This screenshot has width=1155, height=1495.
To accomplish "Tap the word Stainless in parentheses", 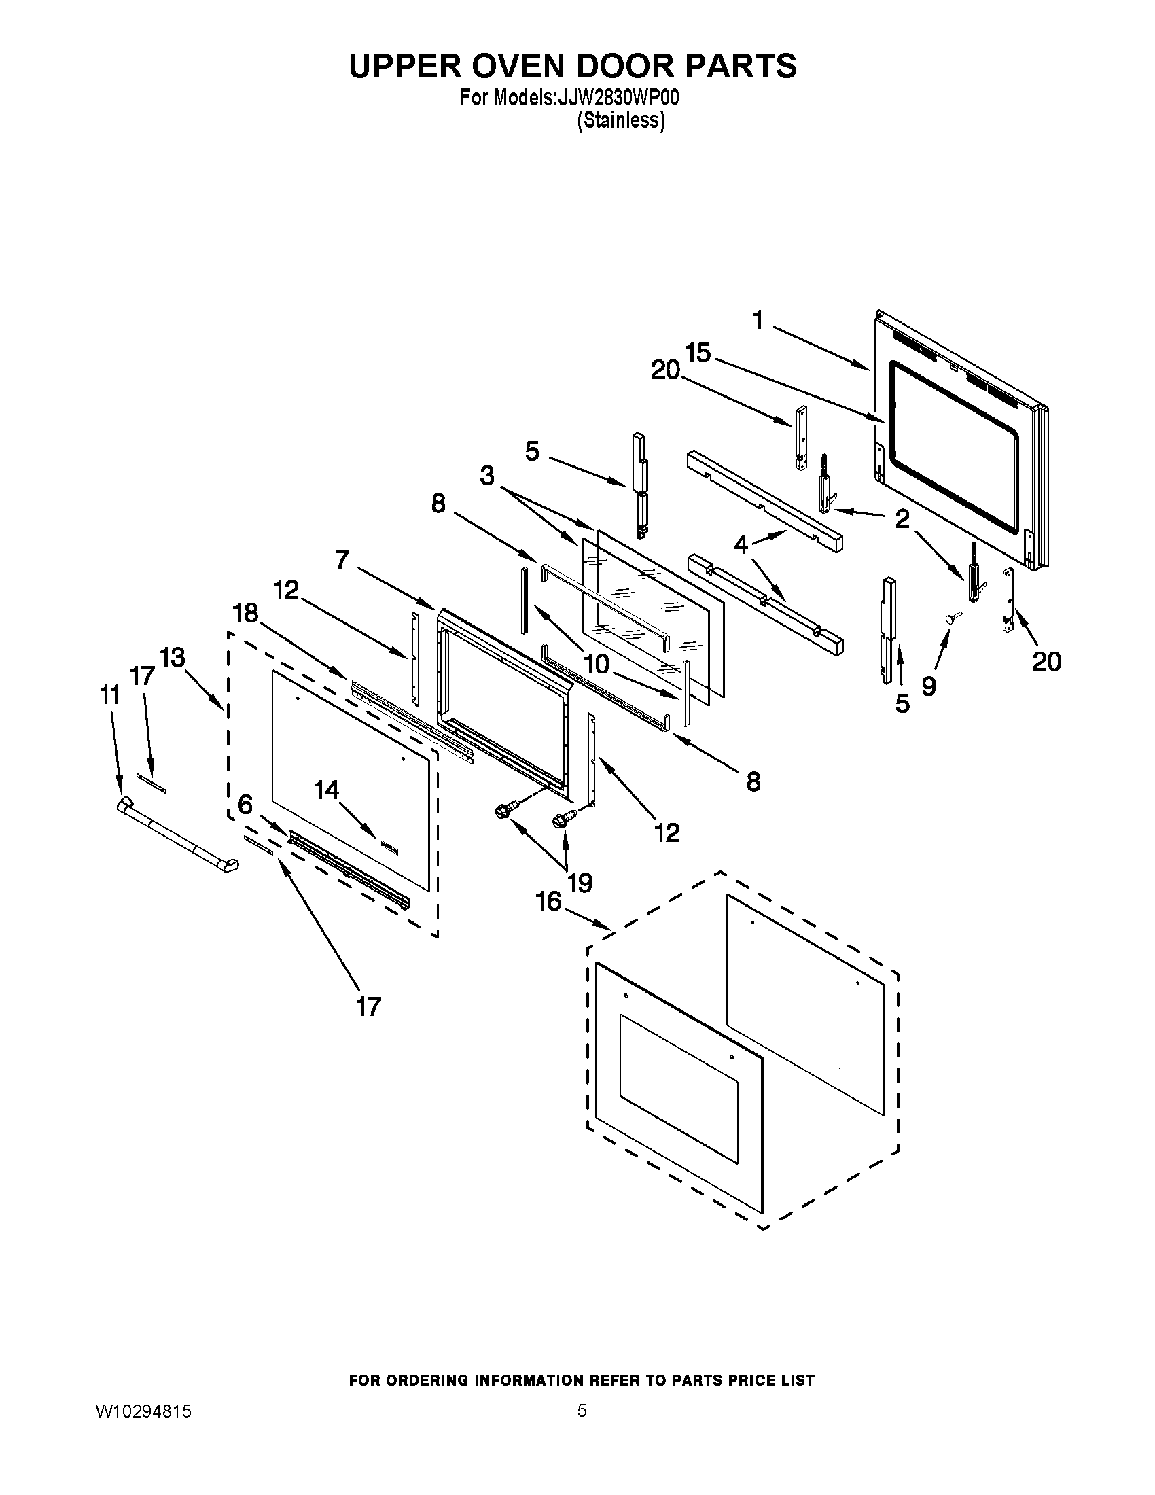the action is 620,121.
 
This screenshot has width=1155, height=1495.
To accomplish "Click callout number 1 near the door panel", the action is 758,319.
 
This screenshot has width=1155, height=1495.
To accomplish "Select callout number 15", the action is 698,353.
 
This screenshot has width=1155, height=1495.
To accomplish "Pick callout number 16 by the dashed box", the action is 548,902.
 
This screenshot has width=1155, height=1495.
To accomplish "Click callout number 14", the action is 326,790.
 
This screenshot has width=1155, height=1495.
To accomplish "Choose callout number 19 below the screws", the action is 580,883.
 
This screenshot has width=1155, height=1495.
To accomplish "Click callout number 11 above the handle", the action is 109,694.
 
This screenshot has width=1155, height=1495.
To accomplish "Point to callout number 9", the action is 929,684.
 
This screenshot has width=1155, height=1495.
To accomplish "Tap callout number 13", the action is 173,658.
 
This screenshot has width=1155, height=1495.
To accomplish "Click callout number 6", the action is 245,805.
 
